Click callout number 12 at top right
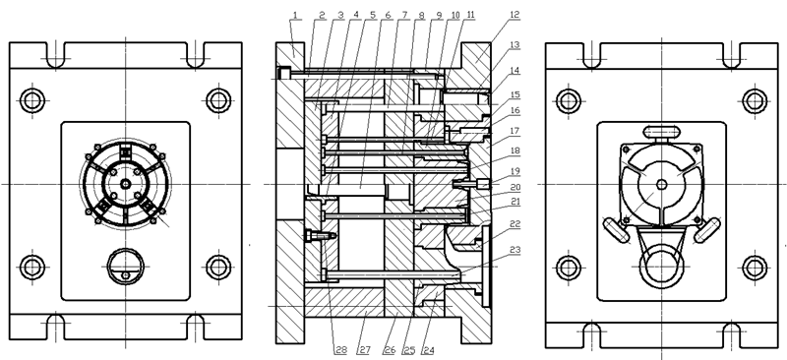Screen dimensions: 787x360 [x=515, y=15]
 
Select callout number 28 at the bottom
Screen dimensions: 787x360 [x=340, y=350]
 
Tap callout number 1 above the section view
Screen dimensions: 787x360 [x=295, y=15]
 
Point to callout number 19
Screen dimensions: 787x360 [x=515, y=171]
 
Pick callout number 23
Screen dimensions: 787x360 [x=515, y=250]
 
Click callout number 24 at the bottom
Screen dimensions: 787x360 [x=428, y=350]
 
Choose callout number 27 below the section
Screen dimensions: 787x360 [x=362, y=350]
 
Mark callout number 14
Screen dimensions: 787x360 [x=515, y=71]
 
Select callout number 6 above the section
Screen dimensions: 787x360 [x=388, y=15]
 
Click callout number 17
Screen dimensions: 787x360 [x=515, y=131]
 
